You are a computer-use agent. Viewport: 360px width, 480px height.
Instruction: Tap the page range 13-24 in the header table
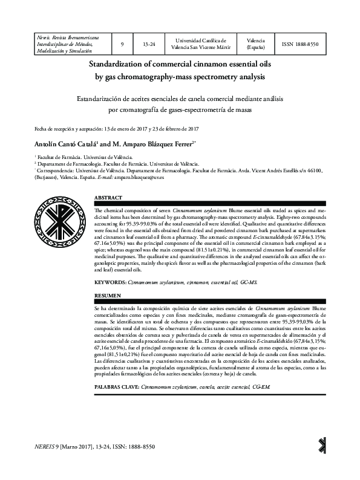coord(148,44)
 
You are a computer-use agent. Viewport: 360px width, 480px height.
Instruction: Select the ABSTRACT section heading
coord(109,198)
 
